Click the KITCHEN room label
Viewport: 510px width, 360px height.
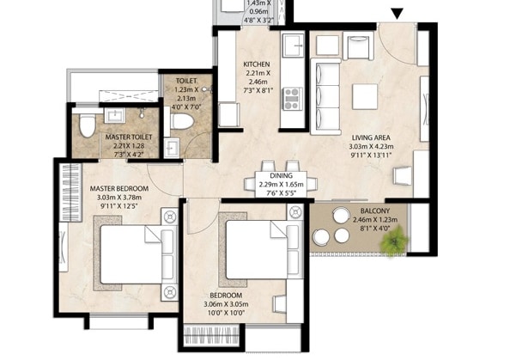[258, 64]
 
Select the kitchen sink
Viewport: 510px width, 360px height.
[293, 45]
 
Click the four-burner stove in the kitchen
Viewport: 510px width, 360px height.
[292, 98]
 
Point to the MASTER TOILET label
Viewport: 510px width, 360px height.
[130, 136]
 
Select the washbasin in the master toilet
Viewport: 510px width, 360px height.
[115, 115]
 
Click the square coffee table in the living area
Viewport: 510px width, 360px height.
[365, 96]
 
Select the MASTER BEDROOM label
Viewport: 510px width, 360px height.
[118, 188]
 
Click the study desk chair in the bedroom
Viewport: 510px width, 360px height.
[280, 303]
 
